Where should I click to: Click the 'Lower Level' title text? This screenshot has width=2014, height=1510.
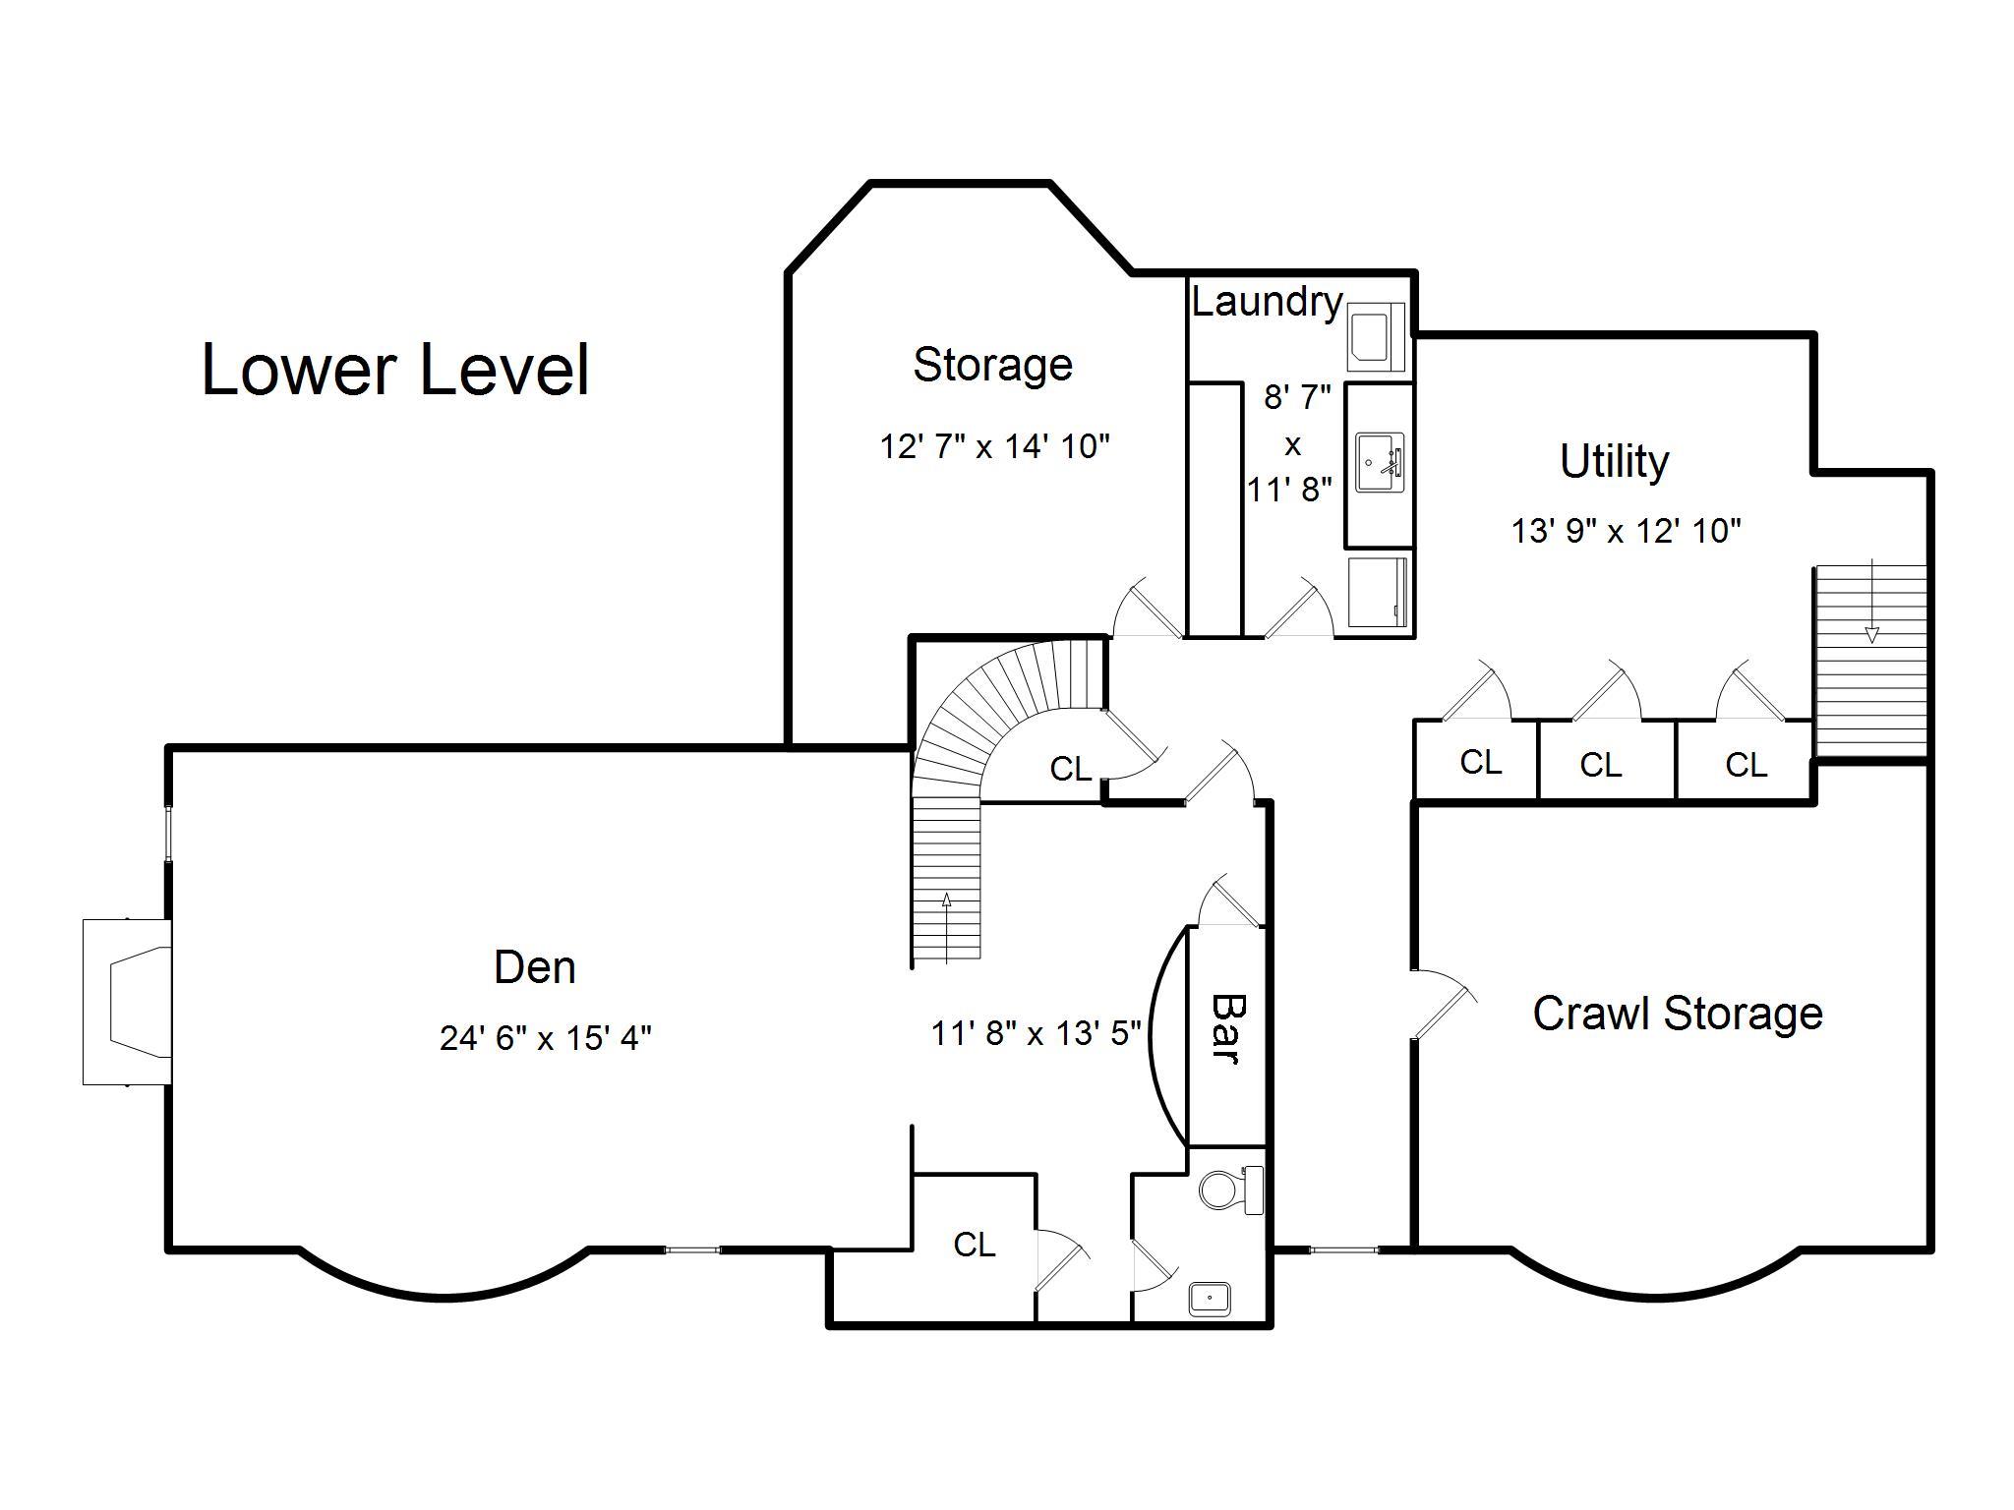395,370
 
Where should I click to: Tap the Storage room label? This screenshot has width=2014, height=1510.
992,366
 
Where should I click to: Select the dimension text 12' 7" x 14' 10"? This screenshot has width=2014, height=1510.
994,446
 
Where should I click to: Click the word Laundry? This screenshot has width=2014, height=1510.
1267,301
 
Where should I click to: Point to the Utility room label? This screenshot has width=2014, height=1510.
1614,461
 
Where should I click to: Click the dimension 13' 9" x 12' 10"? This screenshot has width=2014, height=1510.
1626,531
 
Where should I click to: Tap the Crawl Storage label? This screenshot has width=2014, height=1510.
1678,1014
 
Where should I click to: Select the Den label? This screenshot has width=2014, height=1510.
535,967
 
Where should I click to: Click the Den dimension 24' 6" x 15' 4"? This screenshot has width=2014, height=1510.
546,1037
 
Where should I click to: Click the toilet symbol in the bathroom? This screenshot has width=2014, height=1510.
1231,1191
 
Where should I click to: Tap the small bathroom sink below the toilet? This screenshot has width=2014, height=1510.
1210,1298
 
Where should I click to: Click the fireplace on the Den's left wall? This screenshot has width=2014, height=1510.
128,1002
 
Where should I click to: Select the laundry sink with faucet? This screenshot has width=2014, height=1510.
1380,463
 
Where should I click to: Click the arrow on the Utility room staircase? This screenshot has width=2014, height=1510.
1872,601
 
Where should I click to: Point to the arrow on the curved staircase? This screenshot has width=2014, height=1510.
946,927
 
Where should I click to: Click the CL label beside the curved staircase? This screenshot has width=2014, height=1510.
1071,769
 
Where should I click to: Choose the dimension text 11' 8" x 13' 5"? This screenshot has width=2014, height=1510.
1037,1033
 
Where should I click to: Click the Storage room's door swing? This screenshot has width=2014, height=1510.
1147,608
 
